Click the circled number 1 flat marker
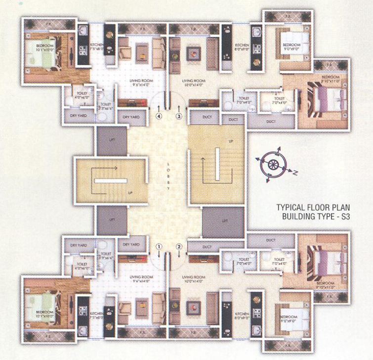tap(159, 246)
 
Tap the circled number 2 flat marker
tap(179, 246)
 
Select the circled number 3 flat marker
tap(179, 116)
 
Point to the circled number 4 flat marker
tap(159, 116)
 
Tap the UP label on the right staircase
tap(230, 141)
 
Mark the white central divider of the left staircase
tap(111, 180)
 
